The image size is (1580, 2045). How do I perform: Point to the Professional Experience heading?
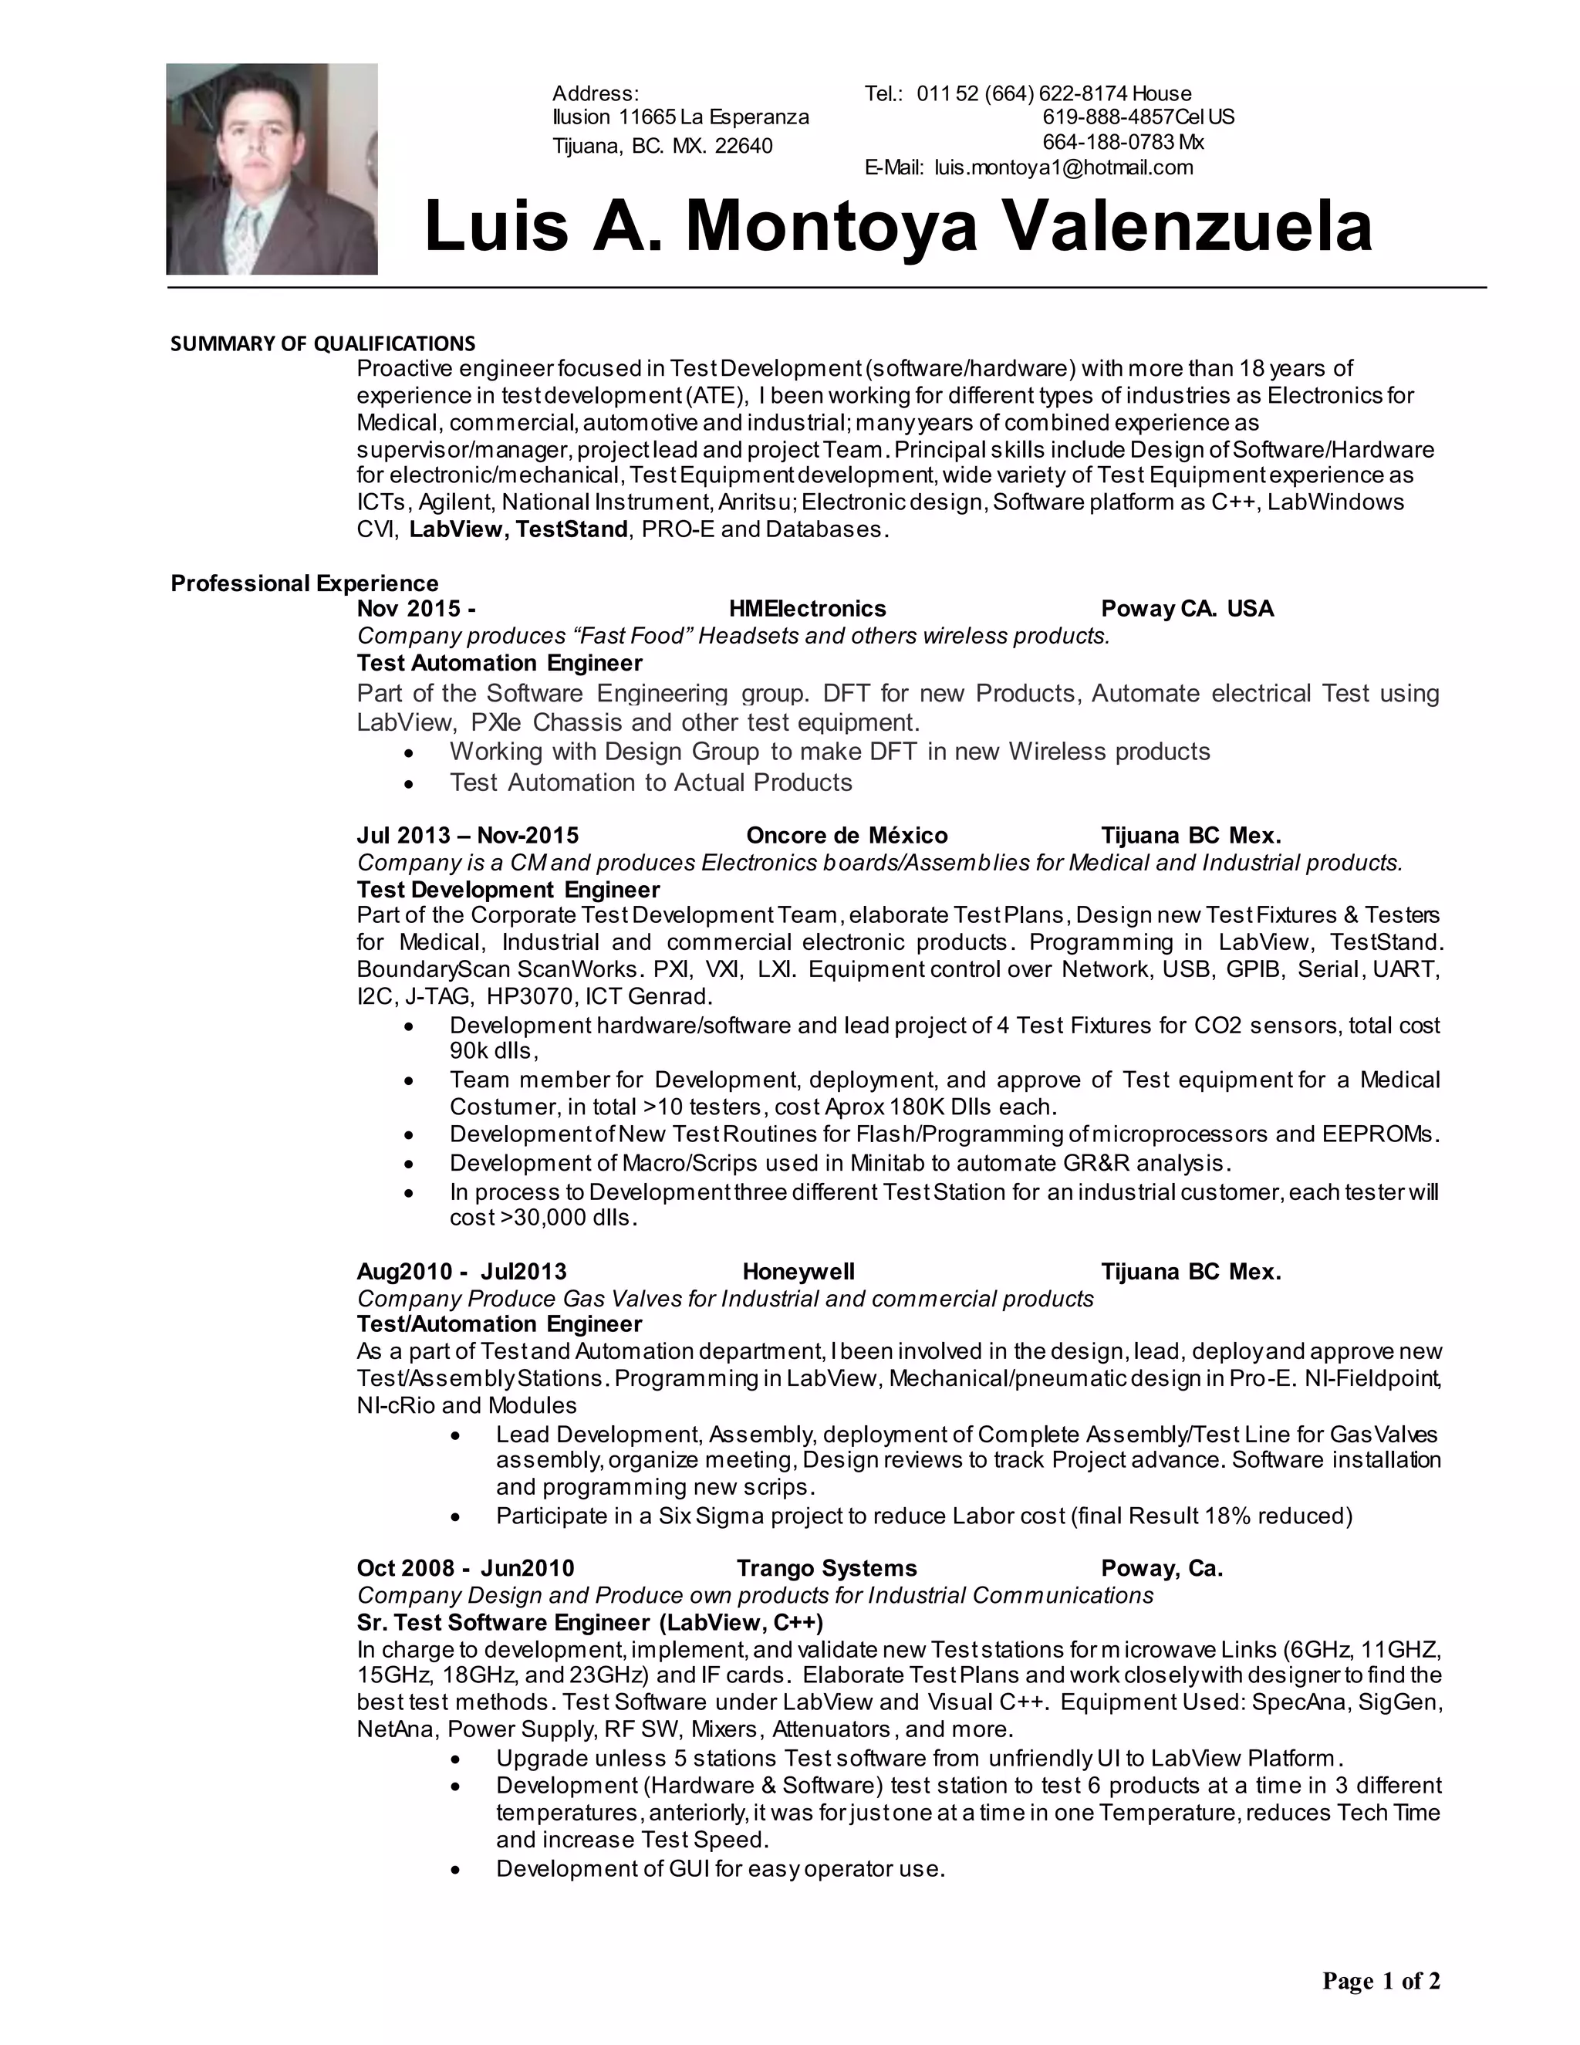[x=304, y=583]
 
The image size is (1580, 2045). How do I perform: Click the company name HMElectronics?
[x=807, y=610]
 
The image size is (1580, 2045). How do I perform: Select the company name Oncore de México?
[x=846, y=835]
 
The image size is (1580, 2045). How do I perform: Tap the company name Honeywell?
[x=798, y=1272]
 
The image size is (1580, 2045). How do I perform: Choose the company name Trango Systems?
[x=826, y=1568]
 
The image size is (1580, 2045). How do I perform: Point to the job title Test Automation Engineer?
[x=499, y=663]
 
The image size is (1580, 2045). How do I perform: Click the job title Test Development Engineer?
[x=508, y=890]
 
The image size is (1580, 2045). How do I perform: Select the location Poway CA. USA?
[x=1187, y=610]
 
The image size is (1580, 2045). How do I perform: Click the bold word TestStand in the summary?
[x=571, y=529]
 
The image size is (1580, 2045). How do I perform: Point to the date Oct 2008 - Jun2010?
[x=465, y=1568]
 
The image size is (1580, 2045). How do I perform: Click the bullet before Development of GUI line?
[x=455, y=1870]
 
